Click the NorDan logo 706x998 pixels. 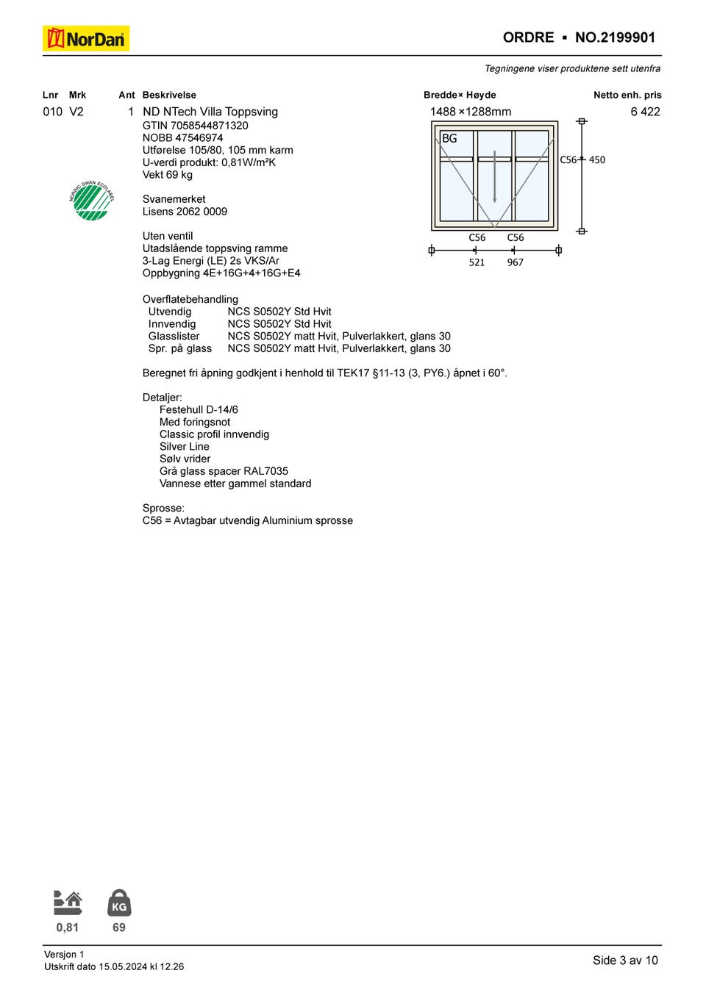(x=86, y=38)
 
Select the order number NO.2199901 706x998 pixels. (x=615, y=37)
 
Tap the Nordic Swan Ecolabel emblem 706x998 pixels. (x=92, y=201)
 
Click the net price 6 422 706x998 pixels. (x=645, y=112)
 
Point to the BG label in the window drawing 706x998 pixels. (x=449, y=138)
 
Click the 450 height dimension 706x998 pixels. (x=597, y=159)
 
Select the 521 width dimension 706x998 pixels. (x=477, y=262)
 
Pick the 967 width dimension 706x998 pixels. (x=515, y=262)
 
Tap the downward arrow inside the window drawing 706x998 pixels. (x=494, y=176)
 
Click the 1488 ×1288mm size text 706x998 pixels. (x=471, y=112)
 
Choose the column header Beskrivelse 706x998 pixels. (x=169, y=95)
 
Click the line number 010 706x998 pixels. (x=52, y=112)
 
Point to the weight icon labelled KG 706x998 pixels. (x=119, y=903)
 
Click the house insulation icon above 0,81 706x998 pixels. (x=68, y=903)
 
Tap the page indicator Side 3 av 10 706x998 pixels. (x=625, y=961)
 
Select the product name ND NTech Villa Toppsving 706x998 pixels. (x=210, y=112)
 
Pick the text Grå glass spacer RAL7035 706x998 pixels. (x=224, y=471)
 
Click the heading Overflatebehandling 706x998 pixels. (x=190, y=299)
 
